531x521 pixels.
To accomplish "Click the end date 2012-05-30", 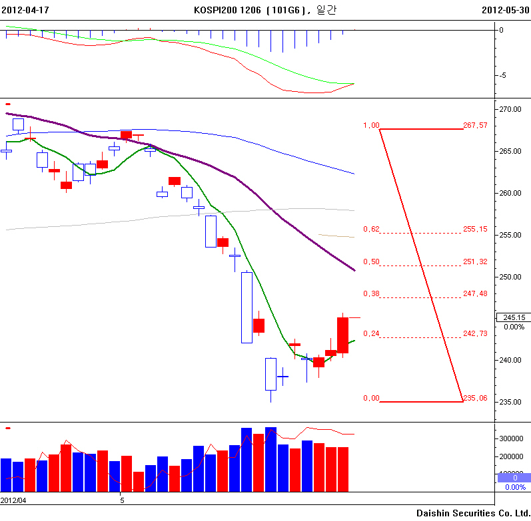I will click(505, 10).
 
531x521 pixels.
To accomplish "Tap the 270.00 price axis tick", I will click(511, 108).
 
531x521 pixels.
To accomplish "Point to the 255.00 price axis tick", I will click(511, 235).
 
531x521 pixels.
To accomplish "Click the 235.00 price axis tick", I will click(511, 402).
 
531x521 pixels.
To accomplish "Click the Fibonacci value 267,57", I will click(475, 125).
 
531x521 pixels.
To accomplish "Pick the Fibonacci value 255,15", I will click(475, 230).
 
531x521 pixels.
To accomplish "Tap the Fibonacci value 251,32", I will click(475, 261).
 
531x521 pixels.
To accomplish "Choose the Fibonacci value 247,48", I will click(475, 293).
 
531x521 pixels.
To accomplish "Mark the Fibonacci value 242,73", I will click(475, 333).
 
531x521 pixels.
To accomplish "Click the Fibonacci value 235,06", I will click(475, 398).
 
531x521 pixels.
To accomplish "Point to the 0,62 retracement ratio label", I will click(371, 230).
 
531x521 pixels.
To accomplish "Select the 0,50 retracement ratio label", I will click(371, 261).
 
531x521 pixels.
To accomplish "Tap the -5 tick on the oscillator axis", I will click(504, 75).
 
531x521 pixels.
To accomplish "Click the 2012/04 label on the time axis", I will click(13, 500).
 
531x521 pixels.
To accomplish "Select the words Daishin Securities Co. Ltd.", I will click(473, 513).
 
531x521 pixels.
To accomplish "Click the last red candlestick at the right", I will click(343, 335).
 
